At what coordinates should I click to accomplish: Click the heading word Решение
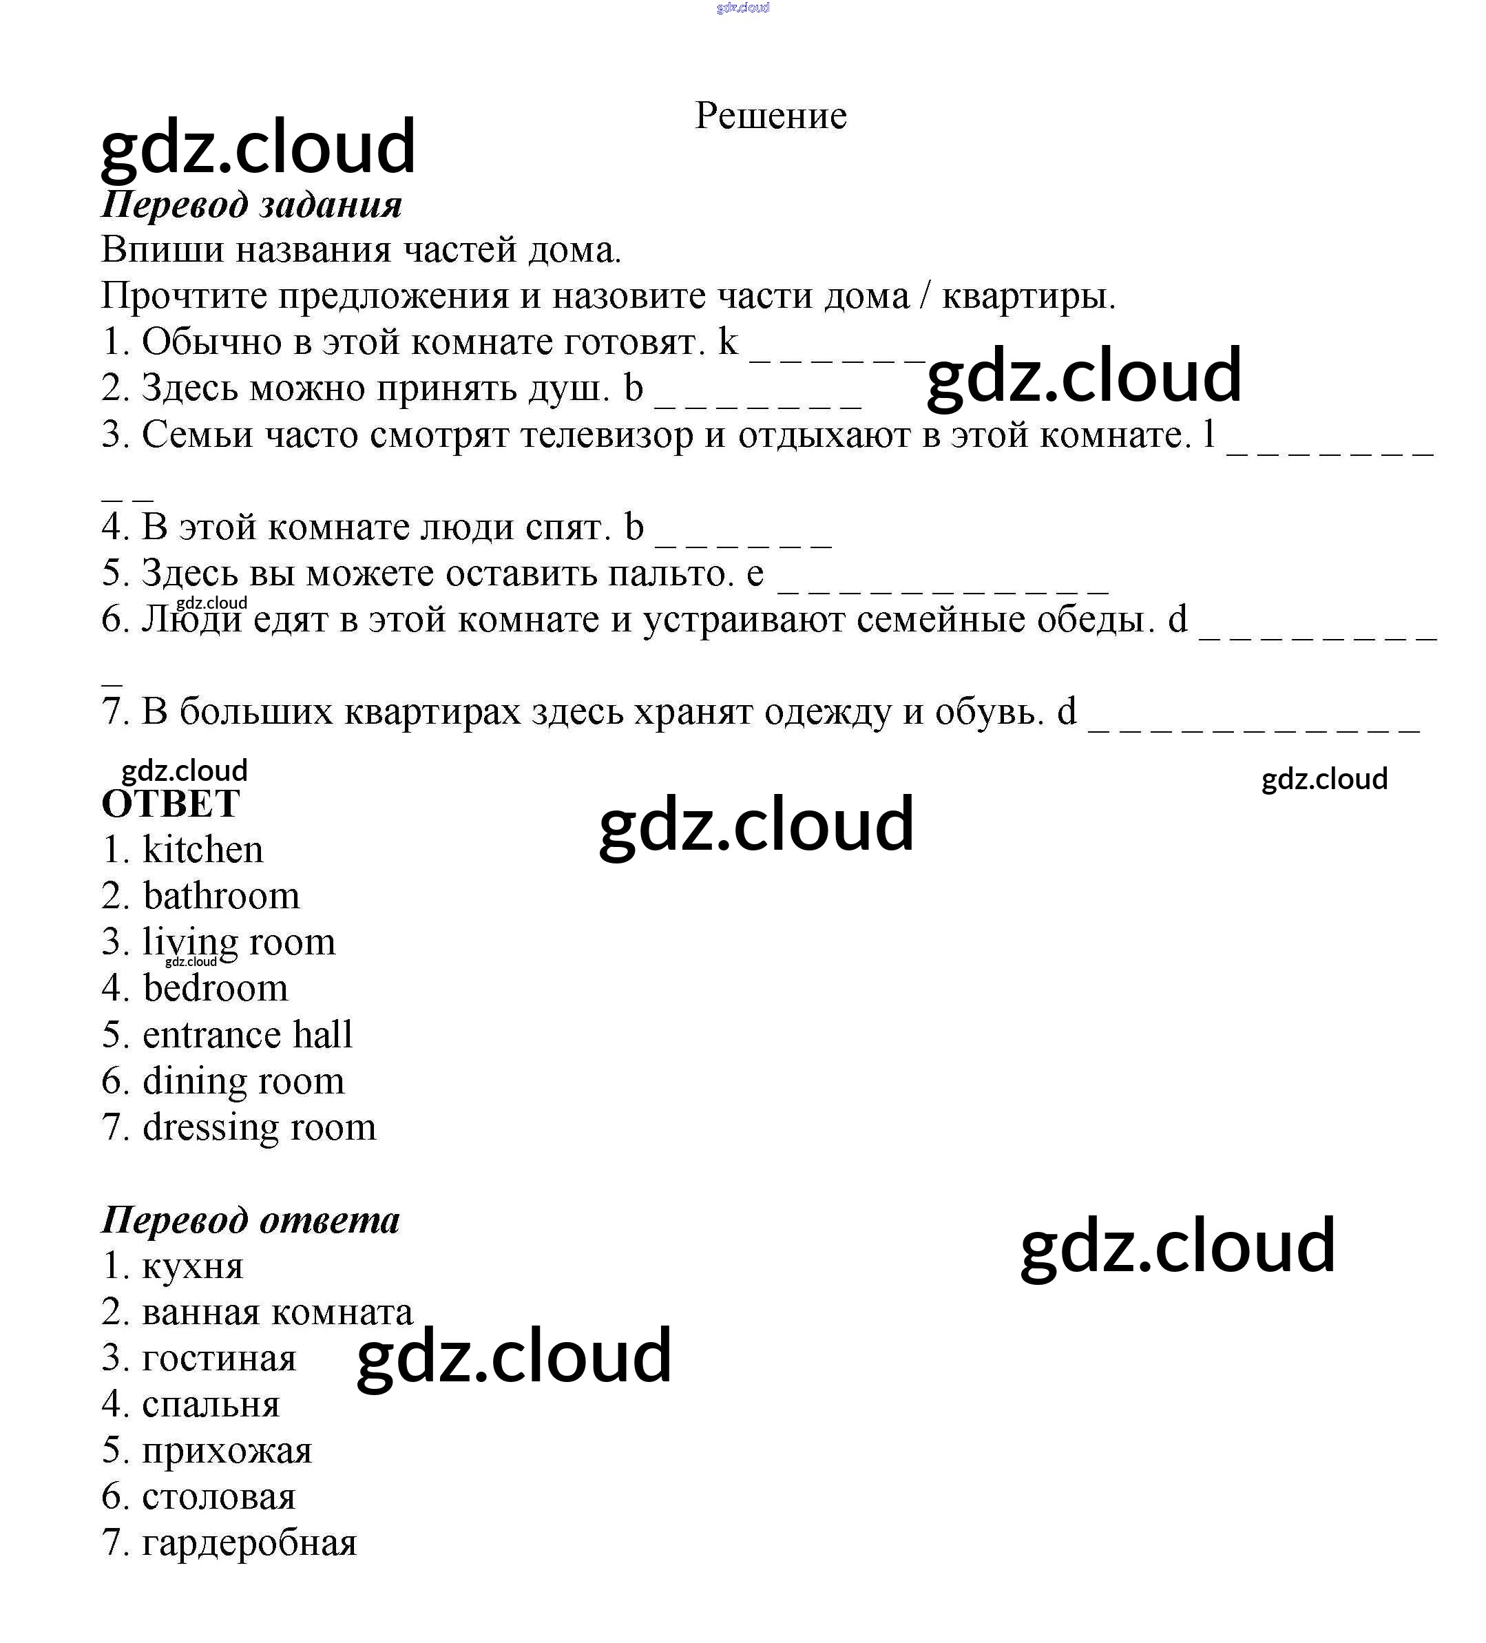coord(771,116)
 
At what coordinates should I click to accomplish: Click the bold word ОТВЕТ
coord(170,804)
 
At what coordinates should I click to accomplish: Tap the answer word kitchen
coord(203,850)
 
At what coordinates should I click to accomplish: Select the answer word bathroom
coord(221,897)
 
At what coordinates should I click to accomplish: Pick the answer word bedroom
coord(216,989)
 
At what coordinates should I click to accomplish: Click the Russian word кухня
coord(192,1266)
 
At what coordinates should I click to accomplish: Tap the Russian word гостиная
coord(218,1359)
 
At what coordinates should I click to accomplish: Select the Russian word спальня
coord(210,1405)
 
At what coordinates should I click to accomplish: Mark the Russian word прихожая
coord(227,1452)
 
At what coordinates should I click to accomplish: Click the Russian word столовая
coord(218,1497)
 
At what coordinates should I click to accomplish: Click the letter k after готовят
coord(727,342)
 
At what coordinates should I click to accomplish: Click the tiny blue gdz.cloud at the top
coord(742,8)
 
